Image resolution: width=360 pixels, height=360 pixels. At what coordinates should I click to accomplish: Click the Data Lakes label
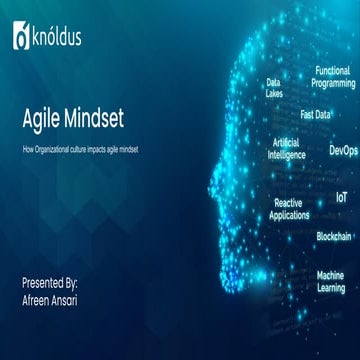coord(273,88)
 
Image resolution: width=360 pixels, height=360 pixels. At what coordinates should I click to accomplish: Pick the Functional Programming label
coord(333,77)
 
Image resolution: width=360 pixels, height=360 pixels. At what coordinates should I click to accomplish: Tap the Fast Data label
coord(316,114)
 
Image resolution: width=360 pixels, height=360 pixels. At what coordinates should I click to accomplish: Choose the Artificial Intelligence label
coord(285,149)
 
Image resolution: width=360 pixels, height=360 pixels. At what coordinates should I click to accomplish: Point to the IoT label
coord(342,198)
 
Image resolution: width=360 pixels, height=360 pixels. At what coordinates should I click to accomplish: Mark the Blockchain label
coord(333,236)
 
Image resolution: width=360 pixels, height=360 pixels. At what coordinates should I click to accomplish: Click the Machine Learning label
coord(331,281)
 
